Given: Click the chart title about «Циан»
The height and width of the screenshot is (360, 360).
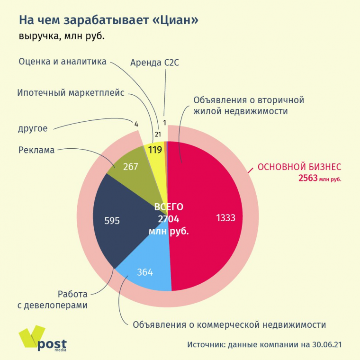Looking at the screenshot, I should click(x=108, y=20).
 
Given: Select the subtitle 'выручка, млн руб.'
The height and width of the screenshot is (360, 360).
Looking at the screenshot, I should click(x=62, y=36).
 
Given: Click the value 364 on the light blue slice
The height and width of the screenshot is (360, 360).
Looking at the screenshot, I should click(x=145, y=272).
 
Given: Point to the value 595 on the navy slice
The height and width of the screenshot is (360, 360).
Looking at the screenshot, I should click(x=111, y=220).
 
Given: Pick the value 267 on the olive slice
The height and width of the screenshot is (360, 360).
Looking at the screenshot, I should click(x=130, y=166).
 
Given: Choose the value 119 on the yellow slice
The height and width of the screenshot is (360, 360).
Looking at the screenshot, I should click(x=155, y=150).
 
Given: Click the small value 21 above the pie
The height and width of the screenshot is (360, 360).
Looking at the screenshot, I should click(x=158, y=135).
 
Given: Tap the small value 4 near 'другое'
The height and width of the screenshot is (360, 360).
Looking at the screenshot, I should click(x=136, y=124).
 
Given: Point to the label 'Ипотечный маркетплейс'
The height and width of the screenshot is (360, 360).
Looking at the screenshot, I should click(x=71, y=93).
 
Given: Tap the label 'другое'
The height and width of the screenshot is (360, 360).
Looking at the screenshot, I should click(x=33, y=128).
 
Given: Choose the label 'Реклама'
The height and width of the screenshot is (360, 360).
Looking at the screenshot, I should click(x=37, y=150).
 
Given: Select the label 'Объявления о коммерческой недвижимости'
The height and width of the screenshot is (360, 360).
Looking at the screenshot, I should click(x=229, y=324).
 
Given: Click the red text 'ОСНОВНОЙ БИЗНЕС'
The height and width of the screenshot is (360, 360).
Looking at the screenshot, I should click(x=299, y=167).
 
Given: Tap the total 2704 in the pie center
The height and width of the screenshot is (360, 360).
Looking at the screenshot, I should click(x=169, y=219).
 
